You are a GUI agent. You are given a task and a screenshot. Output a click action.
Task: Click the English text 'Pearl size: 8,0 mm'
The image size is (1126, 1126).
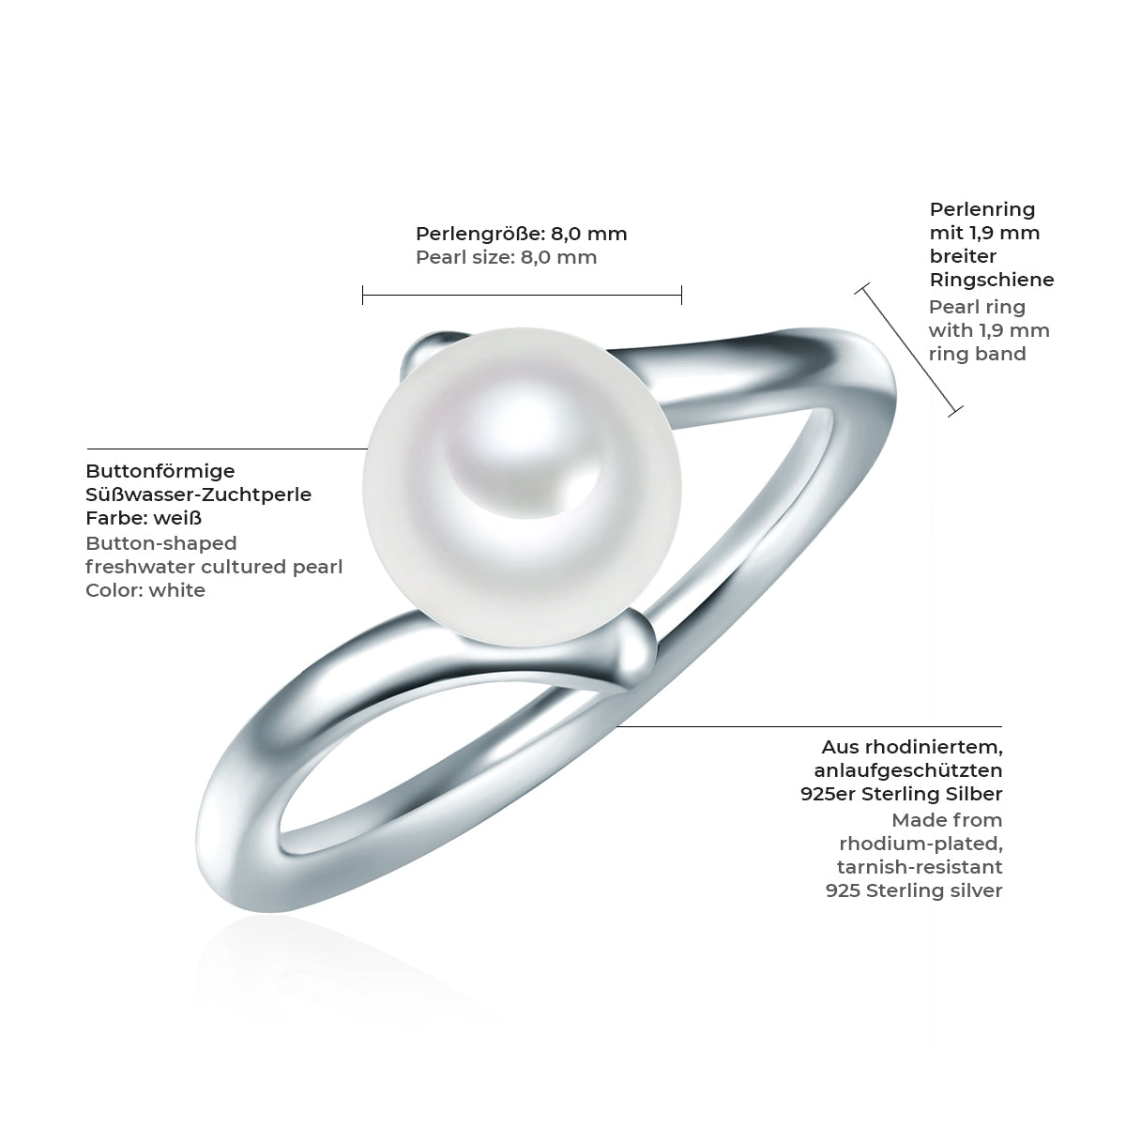(506, 257)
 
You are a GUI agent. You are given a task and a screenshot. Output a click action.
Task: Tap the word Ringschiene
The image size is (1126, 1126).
(991, 280)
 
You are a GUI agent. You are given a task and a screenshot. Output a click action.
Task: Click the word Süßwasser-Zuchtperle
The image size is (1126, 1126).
(198, 495)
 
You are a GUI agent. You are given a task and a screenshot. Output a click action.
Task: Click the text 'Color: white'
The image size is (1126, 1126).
(145, 590)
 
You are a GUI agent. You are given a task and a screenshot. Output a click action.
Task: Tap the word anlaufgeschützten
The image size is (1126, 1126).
(910, 770)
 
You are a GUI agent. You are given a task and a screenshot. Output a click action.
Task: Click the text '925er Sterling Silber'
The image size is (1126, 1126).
(901, 794)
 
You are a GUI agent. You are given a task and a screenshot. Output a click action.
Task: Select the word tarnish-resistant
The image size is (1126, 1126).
(920, 866)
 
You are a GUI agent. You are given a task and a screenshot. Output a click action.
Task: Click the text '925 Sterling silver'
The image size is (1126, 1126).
(914, 890)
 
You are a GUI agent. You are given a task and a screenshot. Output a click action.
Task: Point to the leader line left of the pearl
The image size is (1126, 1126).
(225, 449)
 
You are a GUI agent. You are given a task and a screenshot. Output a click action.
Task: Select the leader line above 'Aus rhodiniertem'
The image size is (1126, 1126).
(807, 726)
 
